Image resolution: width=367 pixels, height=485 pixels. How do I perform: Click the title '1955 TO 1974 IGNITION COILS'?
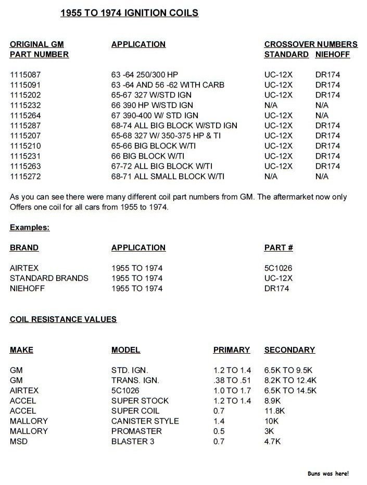coord(129,13)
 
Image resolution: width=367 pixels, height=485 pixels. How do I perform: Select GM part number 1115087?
coord(26,74)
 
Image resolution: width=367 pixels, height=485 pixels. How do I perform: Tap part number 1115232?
coord(26,105)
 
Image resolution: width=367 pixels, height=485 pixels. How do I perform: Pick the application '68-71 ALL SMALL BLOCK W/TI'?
coord(168,177)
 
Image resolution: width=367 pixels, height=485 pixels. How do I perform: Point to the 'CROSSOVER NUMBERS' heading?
coord(311,44)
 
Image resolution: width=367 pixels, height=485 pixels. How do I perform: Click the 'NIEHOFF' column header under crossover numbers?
coord(333,54)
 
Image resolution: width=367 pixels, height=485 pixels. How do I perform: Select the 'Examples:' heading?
coord(30,228)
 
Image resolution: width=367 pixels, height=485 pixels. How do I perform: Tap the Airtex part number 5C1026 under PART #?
coord(278,268)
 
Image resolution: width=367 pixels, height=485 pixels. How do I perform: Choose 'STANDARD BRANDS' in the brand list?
coord(49,278)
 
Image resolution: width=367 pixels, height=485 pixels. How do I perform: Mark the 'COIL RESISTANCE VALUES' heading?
coord(63,319)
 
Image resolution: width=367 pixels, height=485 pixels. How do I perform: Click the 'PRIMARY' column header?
coord(232,350)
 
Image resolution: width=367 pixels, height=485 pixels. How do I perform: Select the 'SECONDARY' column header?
coord(289,350)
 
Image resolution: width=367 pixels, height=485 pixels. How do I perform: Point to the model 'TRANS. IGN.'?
coord(135,380)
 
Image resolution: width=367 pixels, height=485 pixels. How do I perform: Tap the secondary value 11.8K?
coord(275,411)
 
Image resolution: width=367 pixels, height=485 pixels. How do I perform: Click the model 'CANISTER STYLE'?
coord(145,421)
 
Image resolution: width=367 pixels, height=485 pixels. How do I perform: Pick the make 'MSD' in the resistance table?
coord(18,442)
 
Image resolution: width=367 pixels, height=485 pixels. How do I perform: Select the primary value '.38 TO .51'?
coord(232,380)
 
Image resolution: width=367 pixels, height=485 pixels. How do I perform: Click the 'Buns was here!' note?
coord(328,474)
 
